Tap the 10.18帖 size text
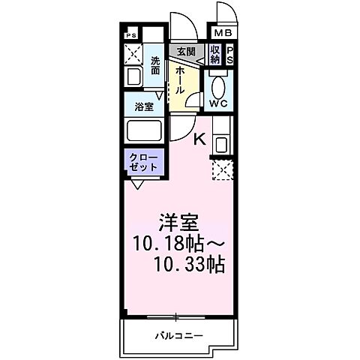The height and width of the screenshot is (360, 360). [x=169, y=244]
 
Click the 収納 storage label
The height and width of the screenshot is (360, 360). [x=215, y=55]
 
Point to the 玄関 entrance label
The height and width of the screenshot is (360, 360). [x=185, y=52]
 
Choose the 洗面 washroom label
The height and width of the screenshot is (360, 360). [x=155, y=65]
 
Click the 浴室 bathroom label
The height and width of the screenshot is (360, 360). [x=145, y=106]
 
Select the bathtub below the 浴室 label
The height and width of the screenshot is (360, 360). [x=145, y=132]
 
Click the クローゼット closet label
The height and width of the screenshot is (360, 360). [x=142, y=163]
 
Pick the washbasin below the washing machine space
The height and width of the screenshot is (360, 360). [x=134, y=76]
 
